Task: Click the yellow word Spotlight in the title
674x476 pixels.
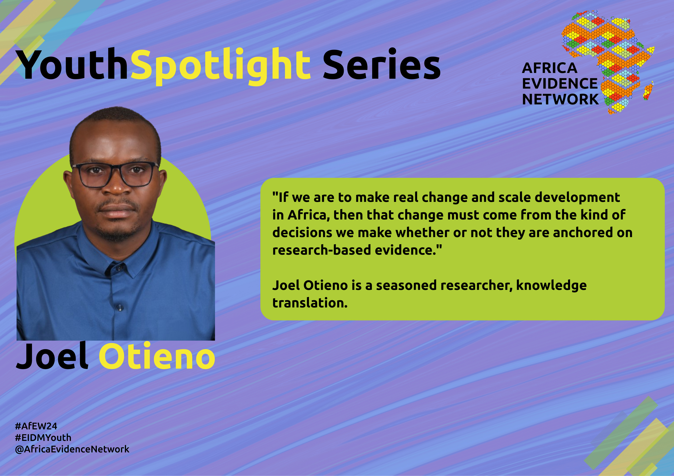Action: [220, 67]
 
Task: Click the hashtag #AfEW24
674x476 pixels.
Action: [36, 426]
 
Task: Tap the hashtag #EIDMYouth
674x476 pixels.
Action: [43, 438]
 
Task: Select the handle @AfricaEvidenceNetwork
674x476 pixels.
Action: [72, 449]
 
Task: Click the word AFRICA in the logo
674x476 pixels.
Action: [549, 68]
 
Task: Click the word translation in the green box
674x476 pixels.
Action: [310, 303]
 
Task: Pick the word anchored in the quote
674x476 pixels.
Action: [583, 233]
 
